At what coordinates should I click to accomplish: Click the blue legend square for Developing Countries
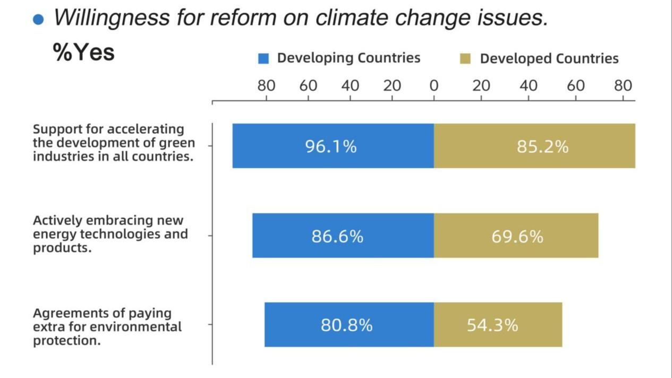coord(263,58)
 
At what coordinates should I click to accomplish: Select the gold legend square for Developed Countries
coord(466,58)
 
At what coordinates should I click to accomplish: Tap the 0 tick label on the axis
coord(434,85)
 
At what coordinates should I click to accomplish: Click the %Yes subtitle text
coord(84,52)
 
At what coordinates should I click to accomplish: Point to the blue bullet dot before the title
coord(38,20)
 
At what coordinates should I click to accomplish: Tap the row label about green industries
coord(113,143)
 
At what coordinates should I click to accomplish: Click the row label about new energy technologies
coord(110,234)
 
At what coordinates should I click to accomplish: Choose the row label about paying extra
coord(107,327)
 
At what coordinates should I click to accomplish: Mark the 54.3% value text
coord(492,325)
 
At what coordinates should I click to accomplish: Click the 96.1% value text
coord(331,146)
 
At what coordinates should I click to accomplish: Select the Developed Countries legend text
coord(549,58)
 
